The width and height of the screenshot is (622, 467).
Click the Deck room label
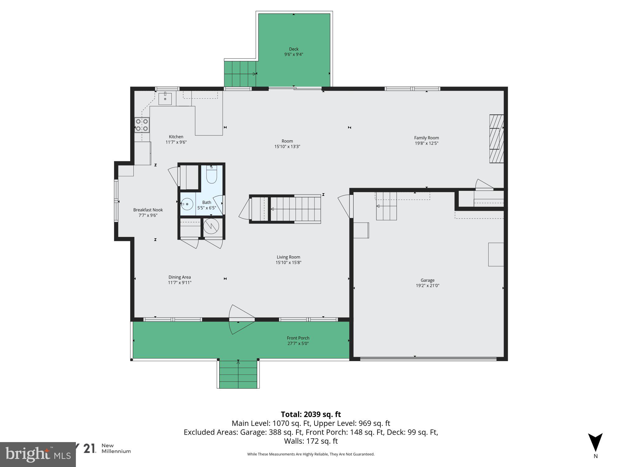294,49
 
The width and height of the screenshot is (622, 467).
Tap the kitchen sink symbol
165,99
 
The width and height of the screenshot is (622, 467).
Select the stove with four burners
142,125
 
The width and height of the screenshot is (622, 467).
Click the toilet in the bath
211,176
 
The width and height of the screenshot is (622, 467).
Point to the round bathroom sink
187,204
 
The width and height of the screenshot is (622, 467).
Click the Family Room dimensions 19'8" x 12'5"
426,143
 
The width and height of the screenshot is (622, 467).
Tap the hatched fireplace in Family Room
496,139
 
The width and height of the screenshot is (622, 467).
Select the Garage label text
427,280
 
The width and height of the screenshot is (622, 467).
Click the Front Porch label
298,338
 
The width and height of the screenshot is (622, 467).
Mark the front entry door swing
239,319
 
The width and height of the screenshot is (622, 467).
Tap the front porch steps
238,374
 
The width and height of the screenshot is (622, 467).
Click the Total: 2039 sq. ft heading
311,414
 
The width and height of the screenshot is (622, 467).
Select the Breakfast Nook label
148,210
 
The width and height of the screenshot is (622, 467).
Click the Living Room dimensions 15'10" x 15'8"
288,262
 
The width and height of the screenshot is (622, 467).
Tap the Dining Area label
179,277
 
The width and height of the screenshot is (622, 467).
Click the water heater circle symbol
211,227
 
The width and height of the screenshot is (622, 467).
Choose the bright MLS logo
38,455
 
